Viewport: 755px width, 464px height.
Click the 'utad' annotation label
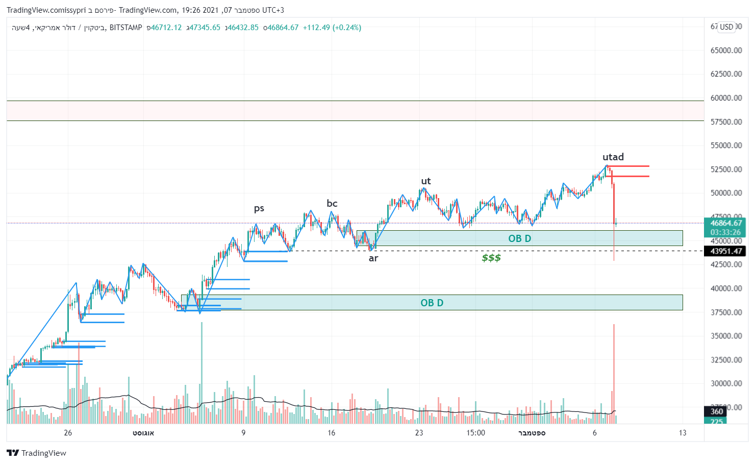(613, 157)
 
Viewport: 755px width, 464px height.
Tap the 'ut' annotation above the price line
(425, 181)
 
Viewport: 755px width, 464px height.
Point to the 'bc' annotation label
(332, 203)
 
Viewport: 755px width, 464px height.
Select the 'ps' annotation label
(259, 208)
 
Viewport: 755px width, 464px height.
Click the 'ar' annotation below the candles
(373, 258)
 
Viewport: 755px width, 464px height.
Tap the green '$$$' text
(491, 258)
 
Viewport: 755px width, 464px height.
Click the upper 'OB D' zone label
(519, 238)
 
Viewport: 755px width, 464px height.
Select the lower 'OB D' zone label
(432, 303)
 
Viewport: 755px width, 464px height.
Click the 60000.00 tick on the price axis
(726, 97)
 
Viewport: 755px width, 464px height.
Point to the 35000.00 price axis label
(726, 336)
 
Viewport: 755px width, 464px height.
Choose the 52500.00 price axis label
(726, 169)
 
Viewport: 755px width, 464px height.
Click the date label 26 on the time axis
(68, 433)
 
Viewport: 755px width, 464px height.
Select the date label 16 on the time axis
(331, 433)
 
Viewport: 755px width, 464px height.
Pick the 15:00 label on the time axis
(475, 433)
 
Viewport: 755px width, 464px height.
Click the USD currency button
(726, 27)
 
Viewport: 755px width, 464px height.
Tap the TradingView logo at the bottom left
(36, 453)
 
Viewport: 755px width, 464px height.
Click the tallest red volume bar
(614, 373)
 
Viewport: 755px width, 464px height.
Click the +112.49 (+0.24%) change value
(332, 28)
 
